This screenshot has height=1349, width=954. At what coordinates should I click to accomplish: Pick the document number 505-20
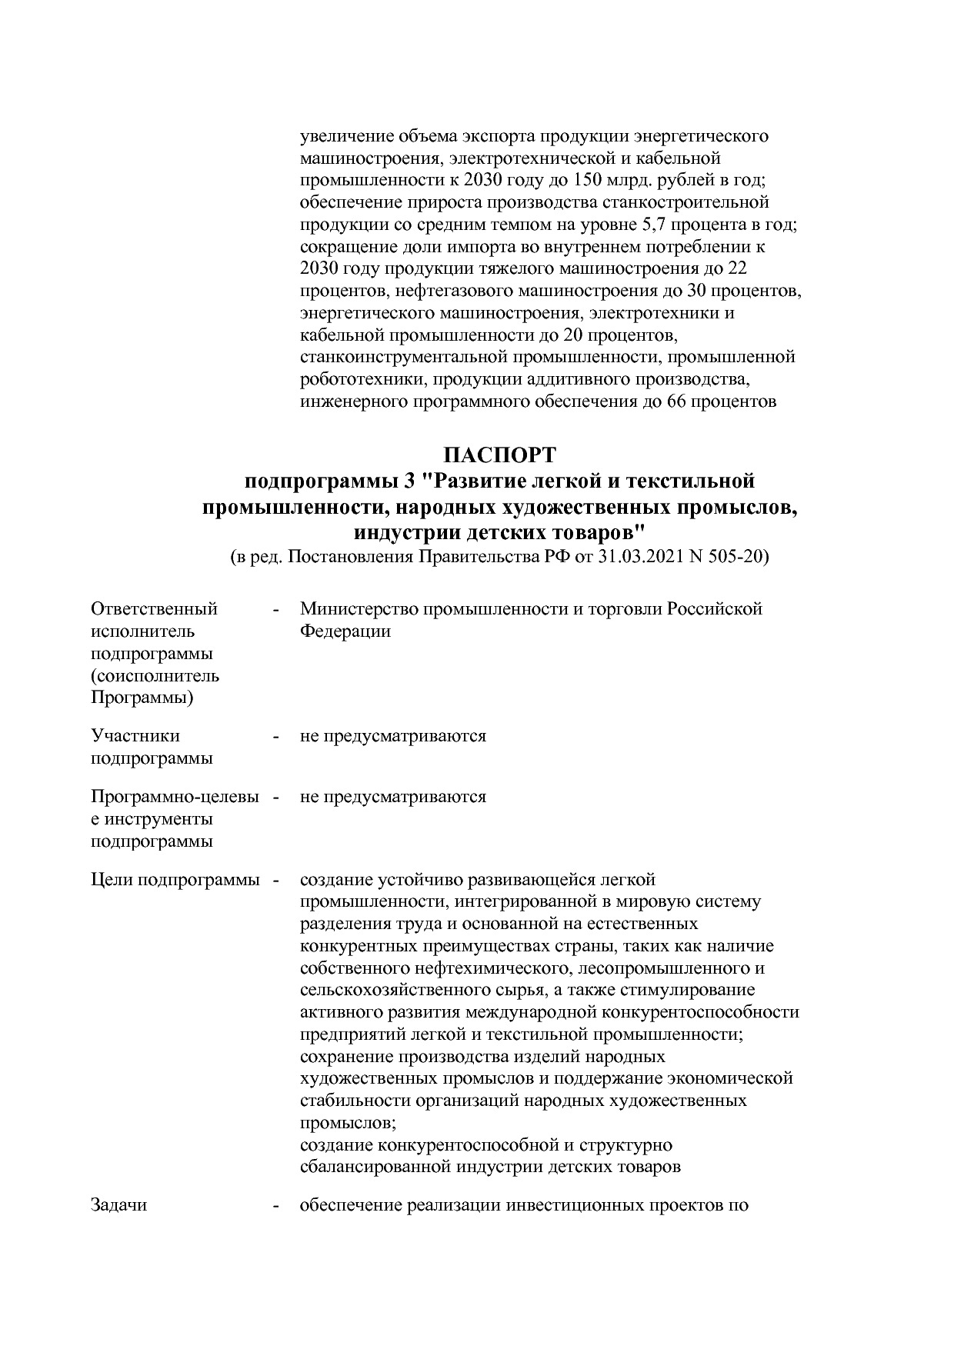(x=738, y=558)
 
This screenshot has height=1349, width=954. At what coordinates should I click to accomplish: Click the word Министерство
(x=355, y=609)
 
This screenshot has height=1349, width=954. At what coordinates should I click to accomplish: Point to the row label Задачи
(x=118, y=1205)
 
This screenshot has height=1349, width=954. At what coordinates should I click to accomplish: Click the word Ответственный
(x=154, y=609)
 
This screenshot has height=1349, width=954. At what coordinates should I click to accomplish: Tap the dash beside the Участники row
(x=275, y=736)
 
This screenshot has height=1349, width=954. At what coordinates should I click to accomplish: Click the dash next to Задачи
(x=275, y=1205)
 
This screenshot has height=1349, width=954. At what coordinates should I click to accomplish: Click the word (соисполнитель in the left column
(x=155, y=676)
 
